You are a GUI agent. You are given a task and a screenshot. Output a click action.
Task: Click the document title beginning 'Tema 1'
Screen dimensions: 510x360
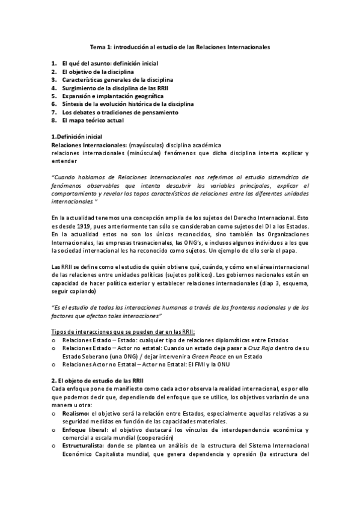[x=180, y=46]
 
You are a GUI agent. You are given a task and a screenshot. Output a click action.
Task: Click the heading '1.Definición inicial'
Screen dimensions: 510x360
[x=77, y=137]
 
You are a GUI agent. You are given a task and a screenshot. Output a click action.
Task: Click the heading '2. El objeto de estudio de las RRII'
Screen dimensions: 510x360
[x=97, y=381]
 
